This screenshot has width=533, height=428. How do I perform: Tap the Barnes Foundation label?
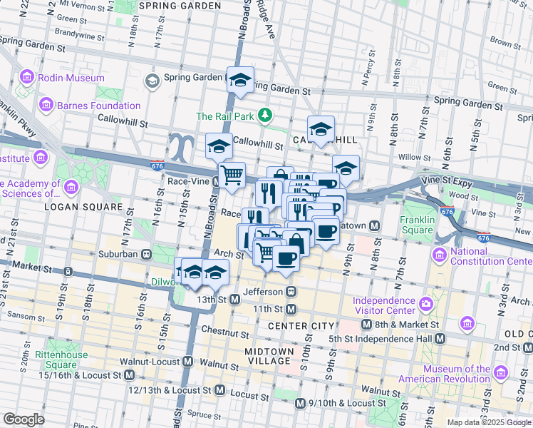[x=100, y=106]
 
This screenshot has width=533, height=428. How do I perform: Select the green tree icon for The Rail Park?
[x=264, y=115]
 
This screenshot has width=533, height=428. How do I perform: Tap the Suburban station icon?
[x=146, y=253]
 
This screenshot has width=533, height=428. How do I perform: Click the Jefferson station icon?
[x=291, y=292]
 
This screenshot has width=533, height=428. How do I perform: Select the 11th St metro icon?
[x=291, y=309]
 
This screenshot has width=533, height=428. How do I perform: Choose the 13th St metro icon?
[x=234, y=300]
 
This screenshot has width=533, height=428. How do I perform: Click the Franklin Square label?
[x=417, y=225]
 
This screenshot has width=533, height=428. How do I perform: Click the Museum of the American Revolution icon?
[x=500, y=373]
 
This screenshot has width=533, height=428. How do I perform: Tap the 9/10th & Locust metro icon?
[x=301, y=404]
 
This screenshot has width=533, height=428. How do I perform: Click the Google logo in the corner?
[x=24, y=419]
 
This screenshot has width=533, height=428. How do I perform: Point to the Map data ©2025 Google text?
[x=487, y=422]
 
